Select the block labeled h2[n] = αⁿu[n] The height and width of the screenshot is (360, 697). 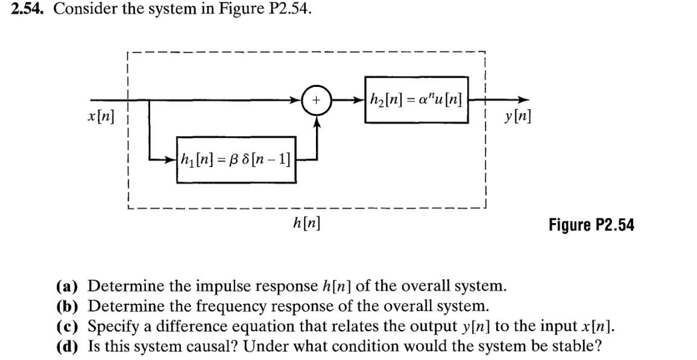(416, 100)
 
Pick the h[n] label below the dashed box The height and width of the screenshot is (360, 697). (306, 224)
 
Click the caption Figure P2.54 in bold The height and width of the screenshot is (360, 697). (591, 226)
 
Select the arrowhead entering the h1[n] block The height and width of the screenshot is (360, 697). (172, 160)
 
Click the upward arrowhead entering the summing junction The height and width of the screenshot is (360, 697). (318, 121)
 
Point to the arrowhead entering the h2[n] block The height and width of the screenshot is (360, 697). (359, 101)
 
